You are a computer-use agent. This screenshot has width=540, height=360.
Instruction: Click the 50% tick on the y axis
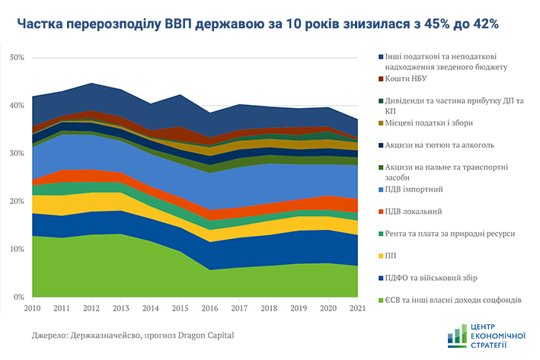[17, 58]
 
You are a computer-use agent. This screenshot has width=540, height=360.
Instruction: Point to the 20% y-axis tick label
[17, 201]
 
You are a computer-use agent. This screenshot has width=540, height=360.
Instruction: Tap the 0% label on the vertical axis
[19, 297]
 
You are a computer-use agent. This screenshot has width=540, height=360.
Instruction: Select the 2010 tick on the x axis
[33, 309]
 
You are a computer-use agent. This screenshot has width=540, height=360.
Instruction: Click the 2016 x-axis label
[210, 309]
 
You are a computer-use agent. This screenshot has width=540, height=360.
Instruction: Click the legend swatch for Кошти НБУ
[381, 78]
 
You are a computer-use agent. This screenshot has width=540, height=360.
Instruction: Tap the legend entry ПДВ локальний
[420, 211]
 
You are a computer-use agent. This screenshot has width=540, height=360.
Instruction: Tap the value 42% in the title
[483, 24]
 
